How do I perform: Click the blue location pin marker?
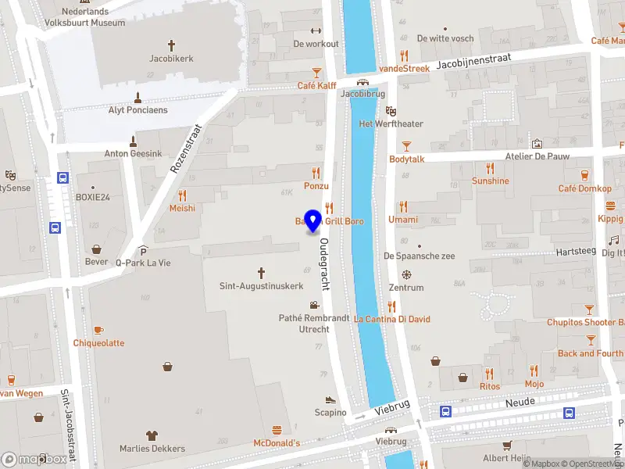pos(314,221)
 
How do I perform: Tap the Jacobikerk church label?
pos(171,57)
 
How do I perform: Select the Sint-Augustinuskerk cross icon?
pos(261,272)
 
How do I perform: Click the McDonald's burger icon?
pos(277,430)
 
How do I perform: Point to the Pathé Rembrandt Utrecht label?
pos(304,324)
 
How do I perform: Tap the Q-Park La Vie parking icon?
pos(143,250)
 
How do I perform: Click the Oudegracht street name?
pos(324,263)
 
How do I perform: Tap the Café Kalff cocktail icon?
pos(316,72)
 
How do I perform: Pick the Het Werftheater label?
pos(391,124)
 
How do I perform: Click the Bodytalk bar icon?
pos(406,145)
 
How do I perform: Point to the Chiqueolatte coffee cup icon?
pos(98,330)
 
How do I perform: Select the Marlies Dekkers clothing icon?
pos(152,435)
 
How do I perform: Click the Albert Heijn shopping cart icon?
pos(507,445)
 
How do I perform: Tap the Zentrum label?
pos(406,288)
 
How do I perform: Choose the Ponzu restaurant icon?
pos(316,172)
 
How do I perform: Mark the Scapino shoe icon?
pos(330,399)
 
